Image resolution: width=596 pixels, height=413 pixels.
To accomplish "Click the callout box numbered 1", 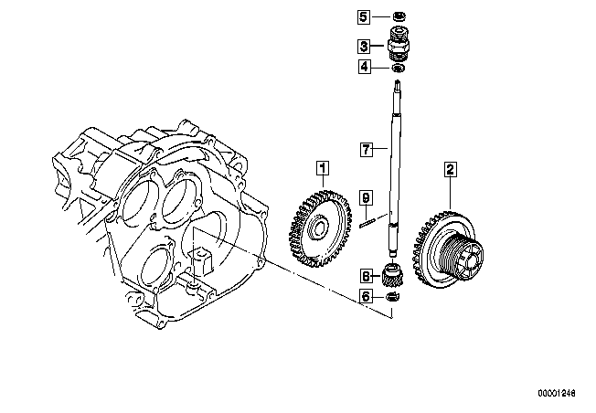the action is tap(323, 168).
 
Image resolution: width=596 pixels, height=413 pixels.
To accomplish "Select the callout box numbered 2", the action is tap(450, 169).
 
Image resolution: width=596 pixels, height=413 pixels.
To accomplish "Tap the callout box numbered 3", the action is tap(364, 47).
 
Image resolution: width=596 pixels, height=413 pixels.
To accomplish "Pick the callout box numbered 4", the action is tap(364, 67).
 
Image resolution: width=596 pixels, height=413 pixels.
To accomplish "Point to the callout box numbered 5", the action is tap(364, 16).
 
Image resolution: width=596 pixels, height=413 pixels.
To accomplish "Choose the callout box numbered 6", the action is tap(366, 296).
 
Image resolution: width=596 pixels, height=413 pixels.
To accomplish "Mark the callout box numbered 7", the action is tap(366, 149).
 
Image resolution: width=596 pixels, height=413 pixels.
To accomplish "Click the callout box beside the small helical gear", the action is tap(366, 276).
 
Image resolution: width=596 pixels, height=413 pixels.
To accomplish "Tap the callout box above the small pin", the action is tap(366, 198).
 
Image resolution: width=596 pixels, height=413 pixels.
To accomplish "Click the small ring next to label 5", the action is tap(399, 16).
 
